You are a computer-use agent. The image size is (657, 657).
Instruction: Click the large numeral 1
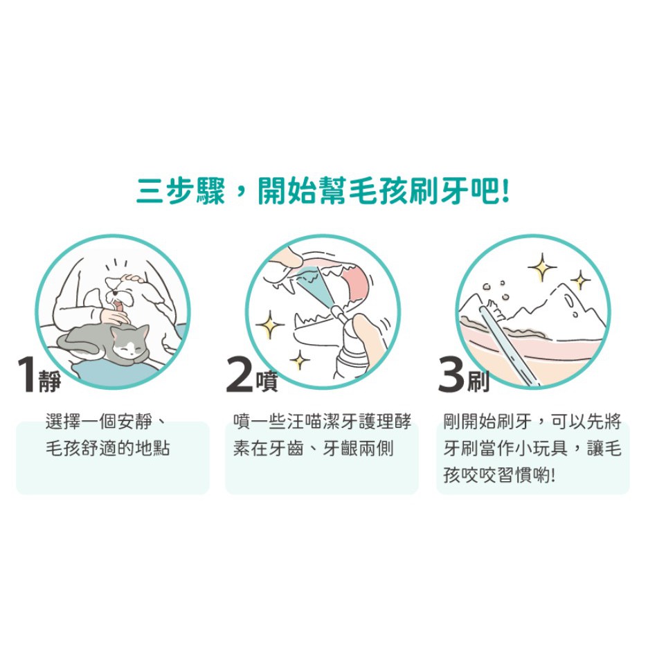coord(26,375)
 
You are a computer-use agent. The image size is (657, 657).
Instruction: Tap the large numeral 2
coord(240,375)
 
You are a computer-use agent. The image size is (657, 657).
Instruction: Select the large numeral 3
coord(451,375)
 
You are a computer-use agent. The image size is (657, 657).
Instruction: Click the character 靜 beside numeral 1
coord(49,381)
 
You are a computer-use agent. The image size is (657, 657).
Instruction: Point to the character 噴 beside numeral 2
coord(267,381)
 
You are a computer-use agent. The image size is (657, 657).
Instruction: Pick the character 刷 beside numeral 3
coord(478,381)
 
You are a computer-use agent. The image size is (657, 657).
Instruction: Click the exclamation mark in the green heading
coord(505,192)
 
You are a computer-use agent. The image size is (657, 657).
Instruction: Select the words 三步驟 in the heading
coord(181,192)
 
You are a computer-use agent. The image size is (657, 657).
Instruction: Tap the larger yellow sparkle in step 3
coord(542,267)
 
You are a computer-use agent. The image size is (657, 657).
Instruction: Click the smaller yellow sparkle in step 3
coord(580,280)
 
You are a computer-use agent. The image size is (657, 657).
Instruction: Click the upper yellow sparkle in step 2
coord(270,325)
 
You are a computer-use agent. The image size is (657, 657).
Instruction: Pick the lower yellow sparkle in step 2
coord(300,360)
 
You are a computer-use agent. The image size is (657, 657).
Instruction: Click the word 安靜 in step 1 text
coord(135,421)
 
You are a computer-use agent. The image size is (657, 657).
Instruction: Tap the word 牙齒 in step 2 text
coord(286,449)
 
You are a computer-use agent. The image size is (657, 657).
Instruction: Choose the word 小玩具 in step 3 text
coord(541,449)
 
